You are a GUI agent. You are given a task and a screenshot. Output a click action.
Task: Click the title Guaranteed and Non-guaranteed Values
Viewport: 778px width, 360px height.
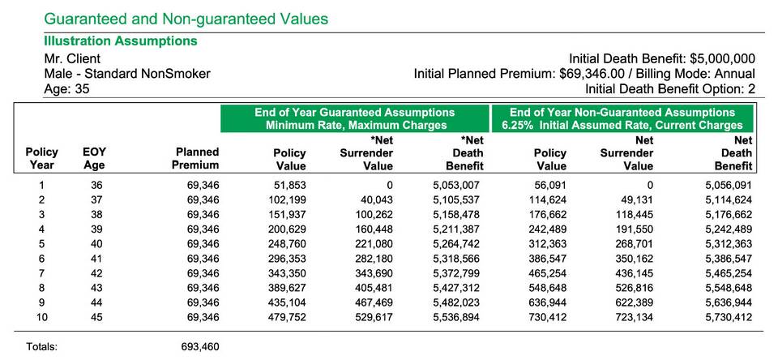pyautogui.click(x=186, y=19)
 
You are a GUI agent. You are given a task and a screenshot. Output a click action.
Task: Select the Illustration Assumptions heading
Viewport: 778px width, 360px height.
pyautogui.click(x=121, y=41)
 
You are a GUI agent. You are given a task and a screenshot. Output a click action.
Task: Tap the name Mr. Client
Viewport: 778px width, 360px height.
pyautogui.click(x=72, y=58)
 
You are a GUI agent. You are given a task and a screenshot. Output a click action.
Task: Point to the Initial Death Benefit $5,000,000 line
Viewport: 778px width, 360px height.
pyautogui.click(x=662, y=58)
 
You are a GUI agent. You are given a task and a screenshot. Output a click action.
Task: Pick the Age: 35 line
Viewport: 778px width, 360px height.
pyautogui.click(x=67, y=89)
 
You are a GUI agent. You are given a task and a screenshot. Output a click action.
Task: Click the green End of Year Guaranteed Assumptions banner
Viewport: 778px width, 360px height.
pyautogui.click(x=355, y=118)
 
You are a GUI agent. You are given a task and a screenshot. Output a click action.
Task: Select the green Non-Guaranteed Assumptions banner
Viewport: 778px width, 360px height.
pyautogui.click(x=622, y=118)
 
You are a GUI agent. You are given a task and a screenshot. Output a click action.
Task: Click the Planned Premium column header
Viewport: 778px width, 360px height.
pyautogui.click(x=195, y=158)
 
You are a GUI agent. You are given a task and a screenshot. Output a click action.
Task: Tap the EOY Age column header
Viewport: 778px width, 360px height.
pyautogui.click(x=94, y=158)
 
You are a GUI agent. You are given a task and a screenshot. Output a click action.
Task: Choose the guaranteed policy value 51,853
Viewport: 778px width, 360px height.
pyautogui.click(x=290, y=186)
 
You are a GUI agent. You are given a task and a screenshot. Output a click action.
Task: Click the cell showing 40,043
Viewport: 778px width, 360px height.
pyautogui.click(x=377, y=200)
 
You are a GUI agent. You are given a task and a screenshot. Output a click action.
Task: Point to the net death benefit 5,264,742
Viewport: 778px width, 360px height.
pyautogui.click(x=456, y=244)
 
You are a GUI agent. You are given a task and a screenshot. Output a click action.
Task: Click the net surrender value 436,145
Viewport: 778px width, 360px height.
pyautogui.click(x=633, y=273)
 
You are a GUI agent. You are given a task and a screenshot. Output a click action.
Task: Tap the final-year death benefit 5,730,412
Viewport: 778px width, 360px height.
pyautogui.click(x=729, y=317)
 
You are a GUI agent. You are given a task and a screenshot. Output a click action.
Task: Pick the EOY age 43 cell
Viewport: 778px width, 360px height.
pyautogui.click(x=96, y=288)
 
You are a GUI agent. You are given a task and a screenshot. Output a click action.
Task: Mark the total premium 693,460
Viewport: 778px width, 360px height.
pyautogui.click(x=200, y=346)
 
